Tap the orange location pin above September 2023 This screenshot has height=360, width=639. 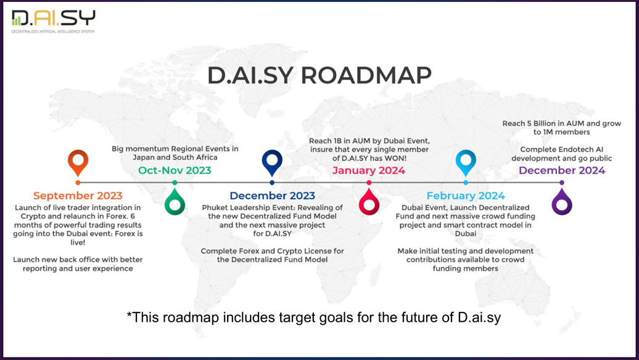tap(78, 163)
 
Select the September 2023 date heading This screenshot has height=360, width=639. tap(78, 196)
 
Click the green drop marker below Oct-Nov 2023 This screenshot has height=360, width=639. tap(175, 202)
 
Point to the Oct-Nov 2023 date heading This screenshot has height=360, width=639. tap(175, 170)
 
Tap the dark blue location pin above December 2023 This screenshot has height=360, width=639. tap(272, 163)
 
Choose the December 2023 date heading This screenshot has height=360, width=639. tap(272, 196)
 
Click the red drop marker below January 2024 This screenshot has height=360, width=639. tap(369, 202)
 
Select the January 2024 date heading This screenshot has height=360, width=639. tap(369, 170)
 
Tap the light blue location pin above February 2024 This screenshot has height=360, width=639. tap(466, 163)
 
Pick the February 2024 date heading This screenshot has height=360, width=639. tap(466, 196)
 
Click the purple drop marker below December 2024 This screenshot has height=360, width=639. tap(562, 202)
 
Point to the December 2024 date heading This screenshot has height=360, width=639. tap(562, 170)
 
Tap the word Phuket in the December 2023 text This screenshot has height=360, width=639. tap(216, 208)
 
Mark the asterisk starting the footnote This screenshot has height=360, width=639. tap(130, 315)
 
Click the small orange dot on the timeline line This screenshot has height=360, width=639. tap(78, 183)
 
